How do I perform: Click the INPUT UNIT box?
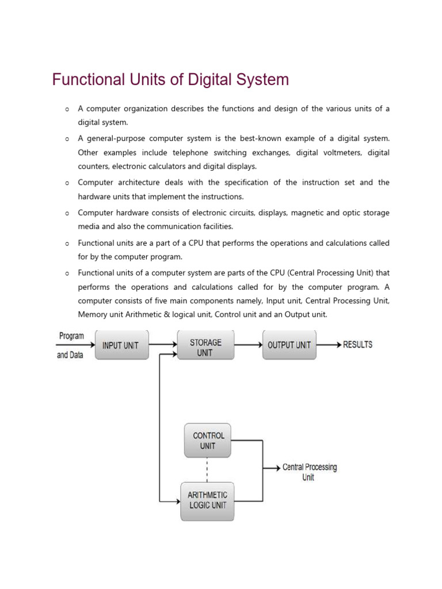(121, 345)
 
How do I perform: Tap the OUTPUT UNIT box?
(289, 345)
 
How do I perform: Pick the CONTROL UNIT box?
(208, 441)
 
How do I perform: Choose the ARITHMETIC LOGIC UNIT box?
(207, 500)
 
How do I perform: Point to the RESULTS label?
(357, 345)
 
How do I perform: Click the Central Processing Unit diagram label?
(309, 472)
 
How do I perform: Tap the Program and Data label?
(70, 345)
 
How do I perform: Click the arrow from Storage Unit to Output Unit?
(248, 345)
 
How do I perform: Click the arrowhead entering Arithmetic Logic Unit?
(177, 501)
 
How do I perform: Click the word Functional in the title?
(86, 79)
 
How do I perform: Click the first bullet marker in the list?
(67, 109)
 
